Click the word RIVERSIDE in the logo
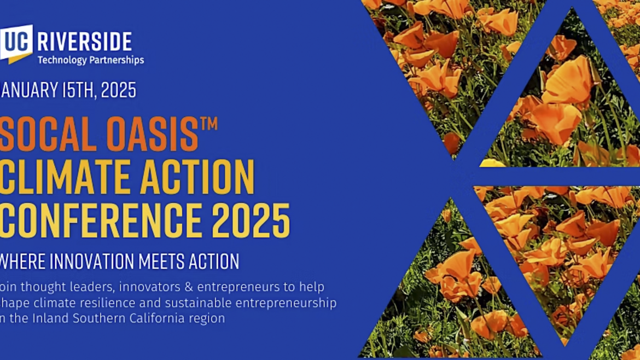pos(84,42)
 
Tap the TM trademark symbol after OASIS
pos(208,124)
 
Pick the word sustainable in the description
pos(189,303)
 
